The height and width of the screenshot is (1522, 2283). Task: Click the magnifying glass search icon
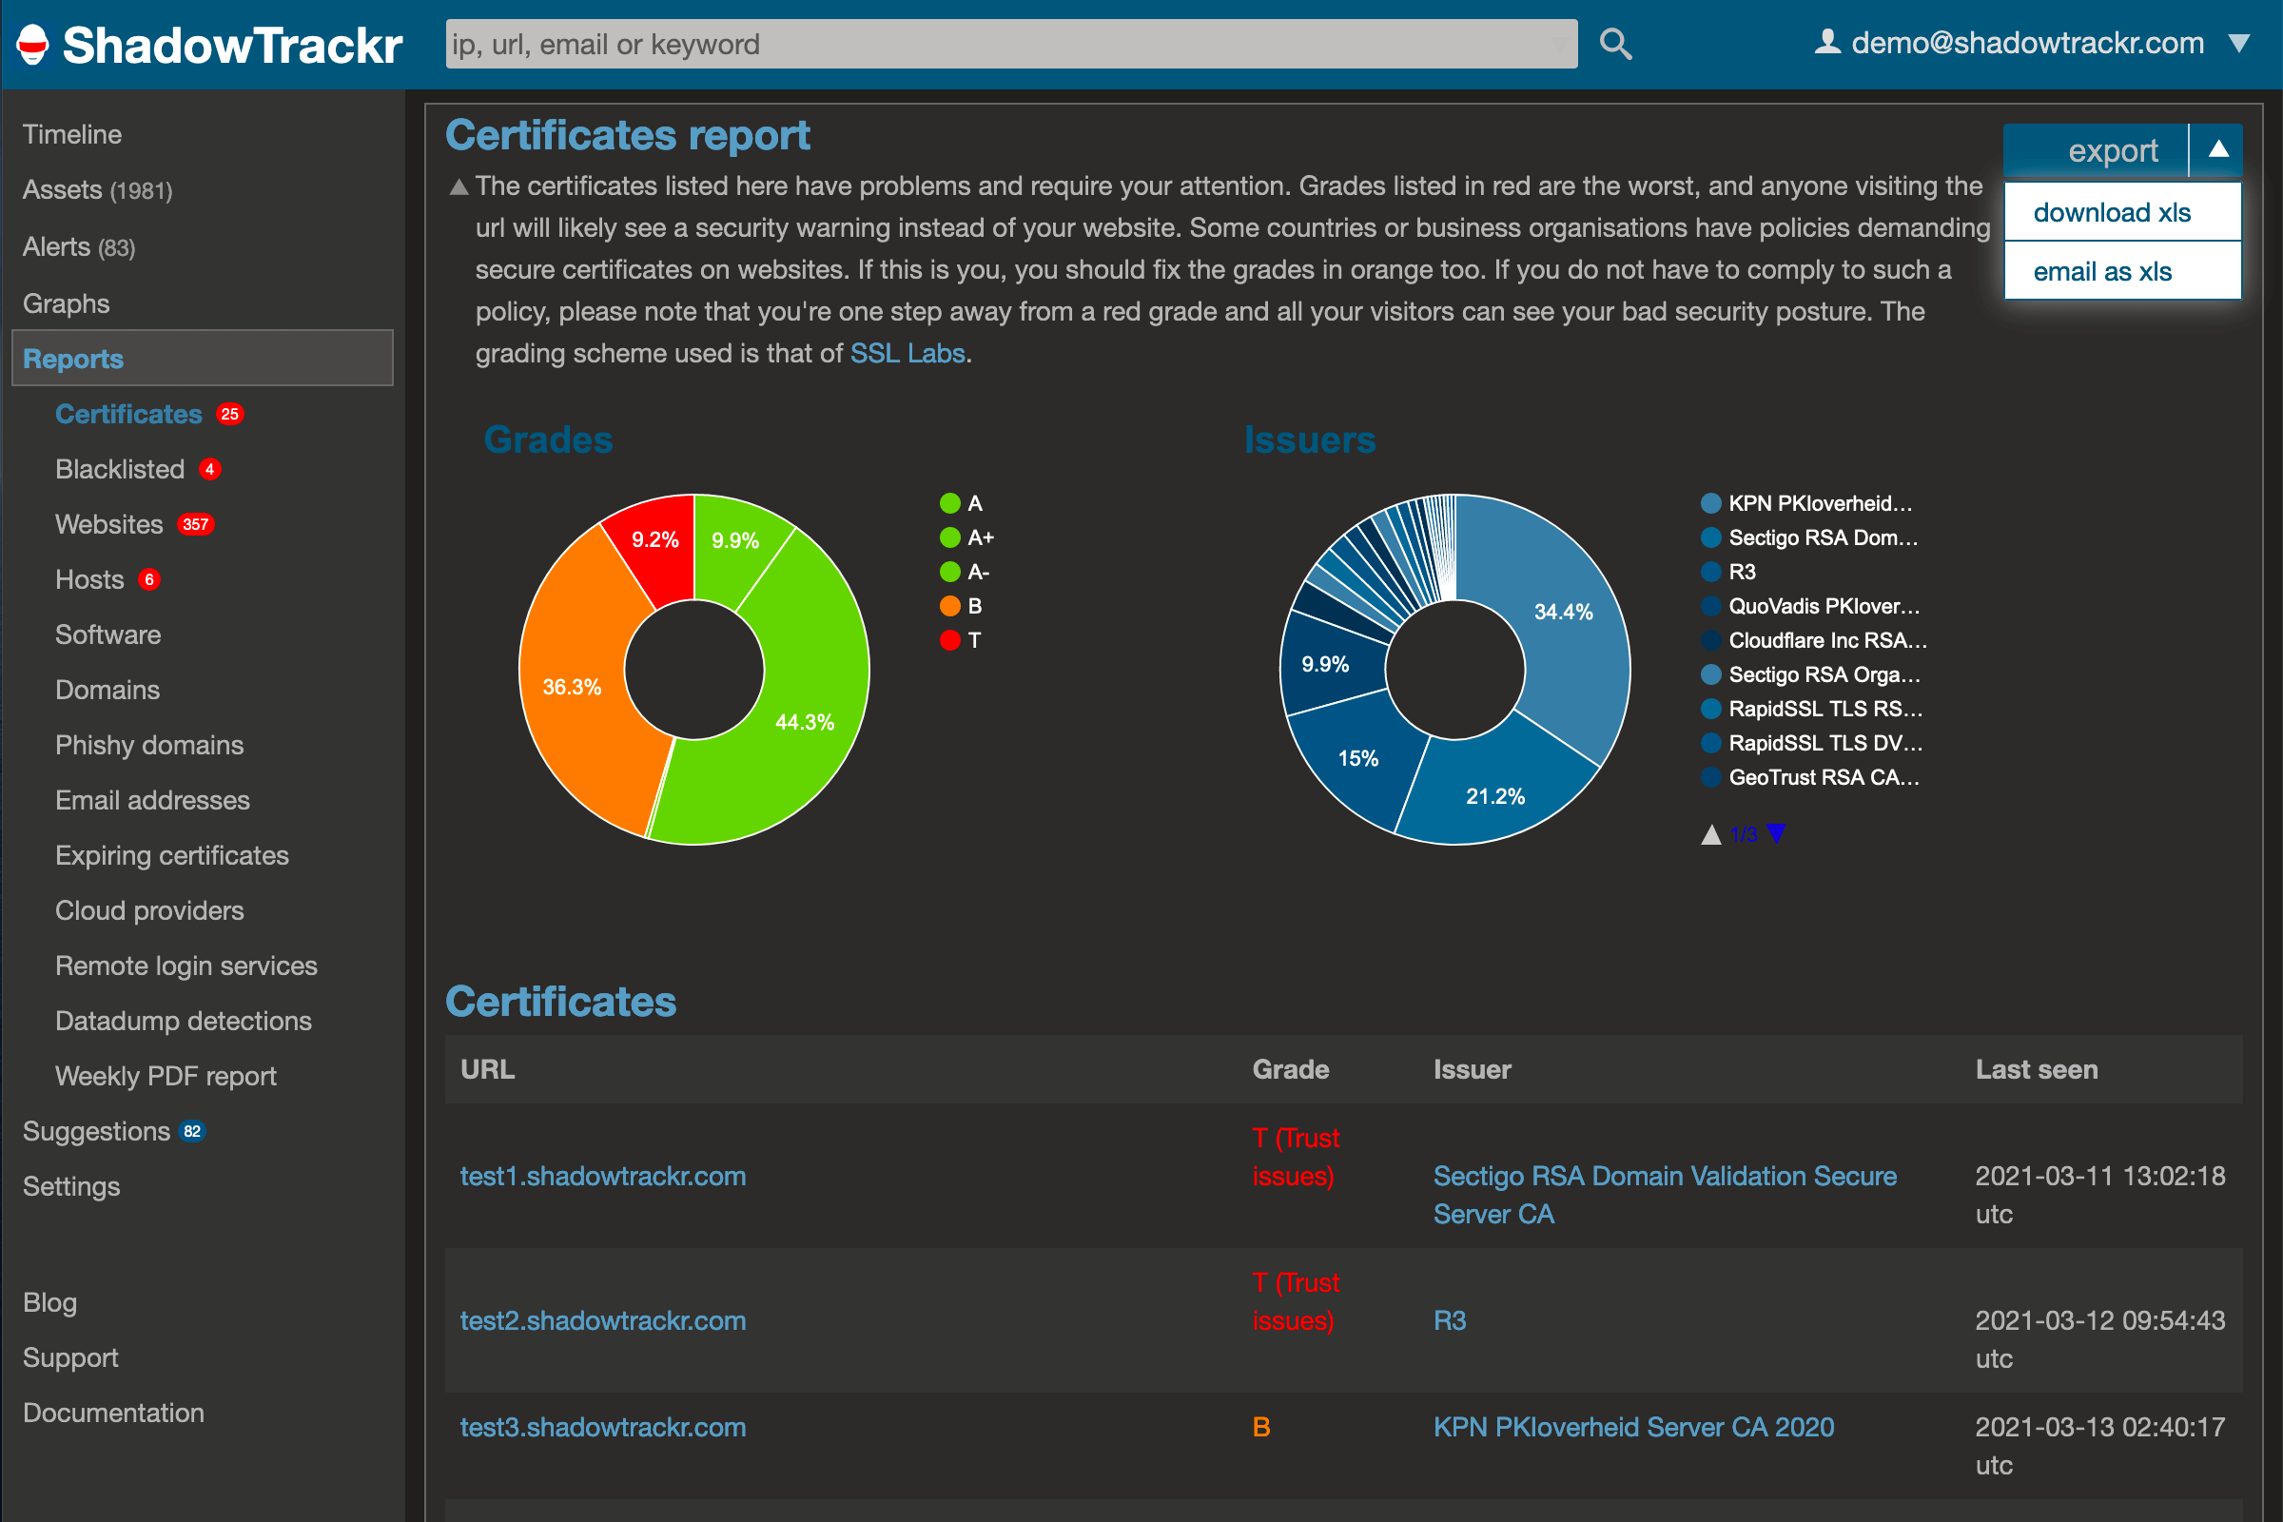coord(1615,44)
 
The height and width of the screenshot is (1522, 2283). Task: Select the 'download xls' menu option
coord(2111,212)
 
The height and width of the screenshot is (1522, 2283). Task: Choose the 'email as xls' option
coord(2101,272)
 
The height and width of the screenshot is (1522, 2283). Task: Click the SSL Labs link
coord(907,353)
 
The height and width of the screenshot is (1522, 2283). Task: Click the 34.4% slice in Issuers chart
coord(1561,621)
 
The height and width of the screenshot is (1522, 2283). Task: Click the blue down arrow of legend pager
coord(1775,833)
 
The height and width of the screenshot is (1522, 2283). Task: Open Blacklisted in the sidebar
coord(120,469)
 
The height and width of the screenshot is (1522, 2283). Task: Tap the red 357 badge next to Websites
coord(195,524)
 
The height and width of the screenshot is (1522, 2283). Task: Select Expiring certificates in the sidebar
coord(172,855)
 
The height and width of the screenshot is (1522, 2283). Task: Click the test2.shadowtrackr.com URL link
coord(603,1320)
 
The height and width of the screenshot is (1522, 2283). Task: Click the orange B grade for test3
coord(1261,1427)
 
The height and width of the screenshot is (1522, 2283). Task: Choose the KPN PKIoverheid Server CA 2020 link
coord(1632,1427)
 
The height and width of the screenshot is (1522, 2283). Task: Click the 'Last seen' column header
coord(2036,1068)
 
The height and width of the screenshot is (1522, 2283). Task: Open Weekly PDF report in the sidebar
coord(165,1076)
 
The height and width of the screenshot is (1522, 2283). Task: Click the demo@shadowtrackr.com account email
coord(2027,44)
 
